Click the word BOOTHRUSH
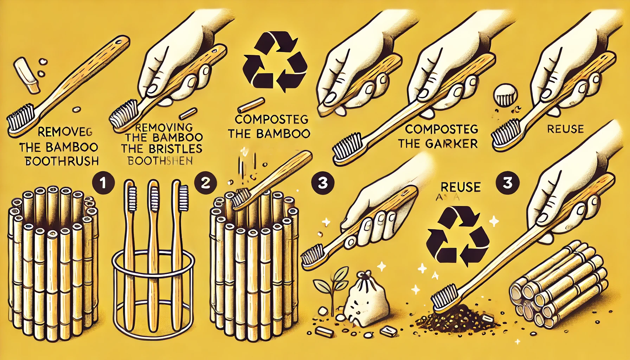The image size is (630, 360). click(60, 161)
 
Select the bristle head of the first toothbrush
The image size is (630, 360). click(19, 121)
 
